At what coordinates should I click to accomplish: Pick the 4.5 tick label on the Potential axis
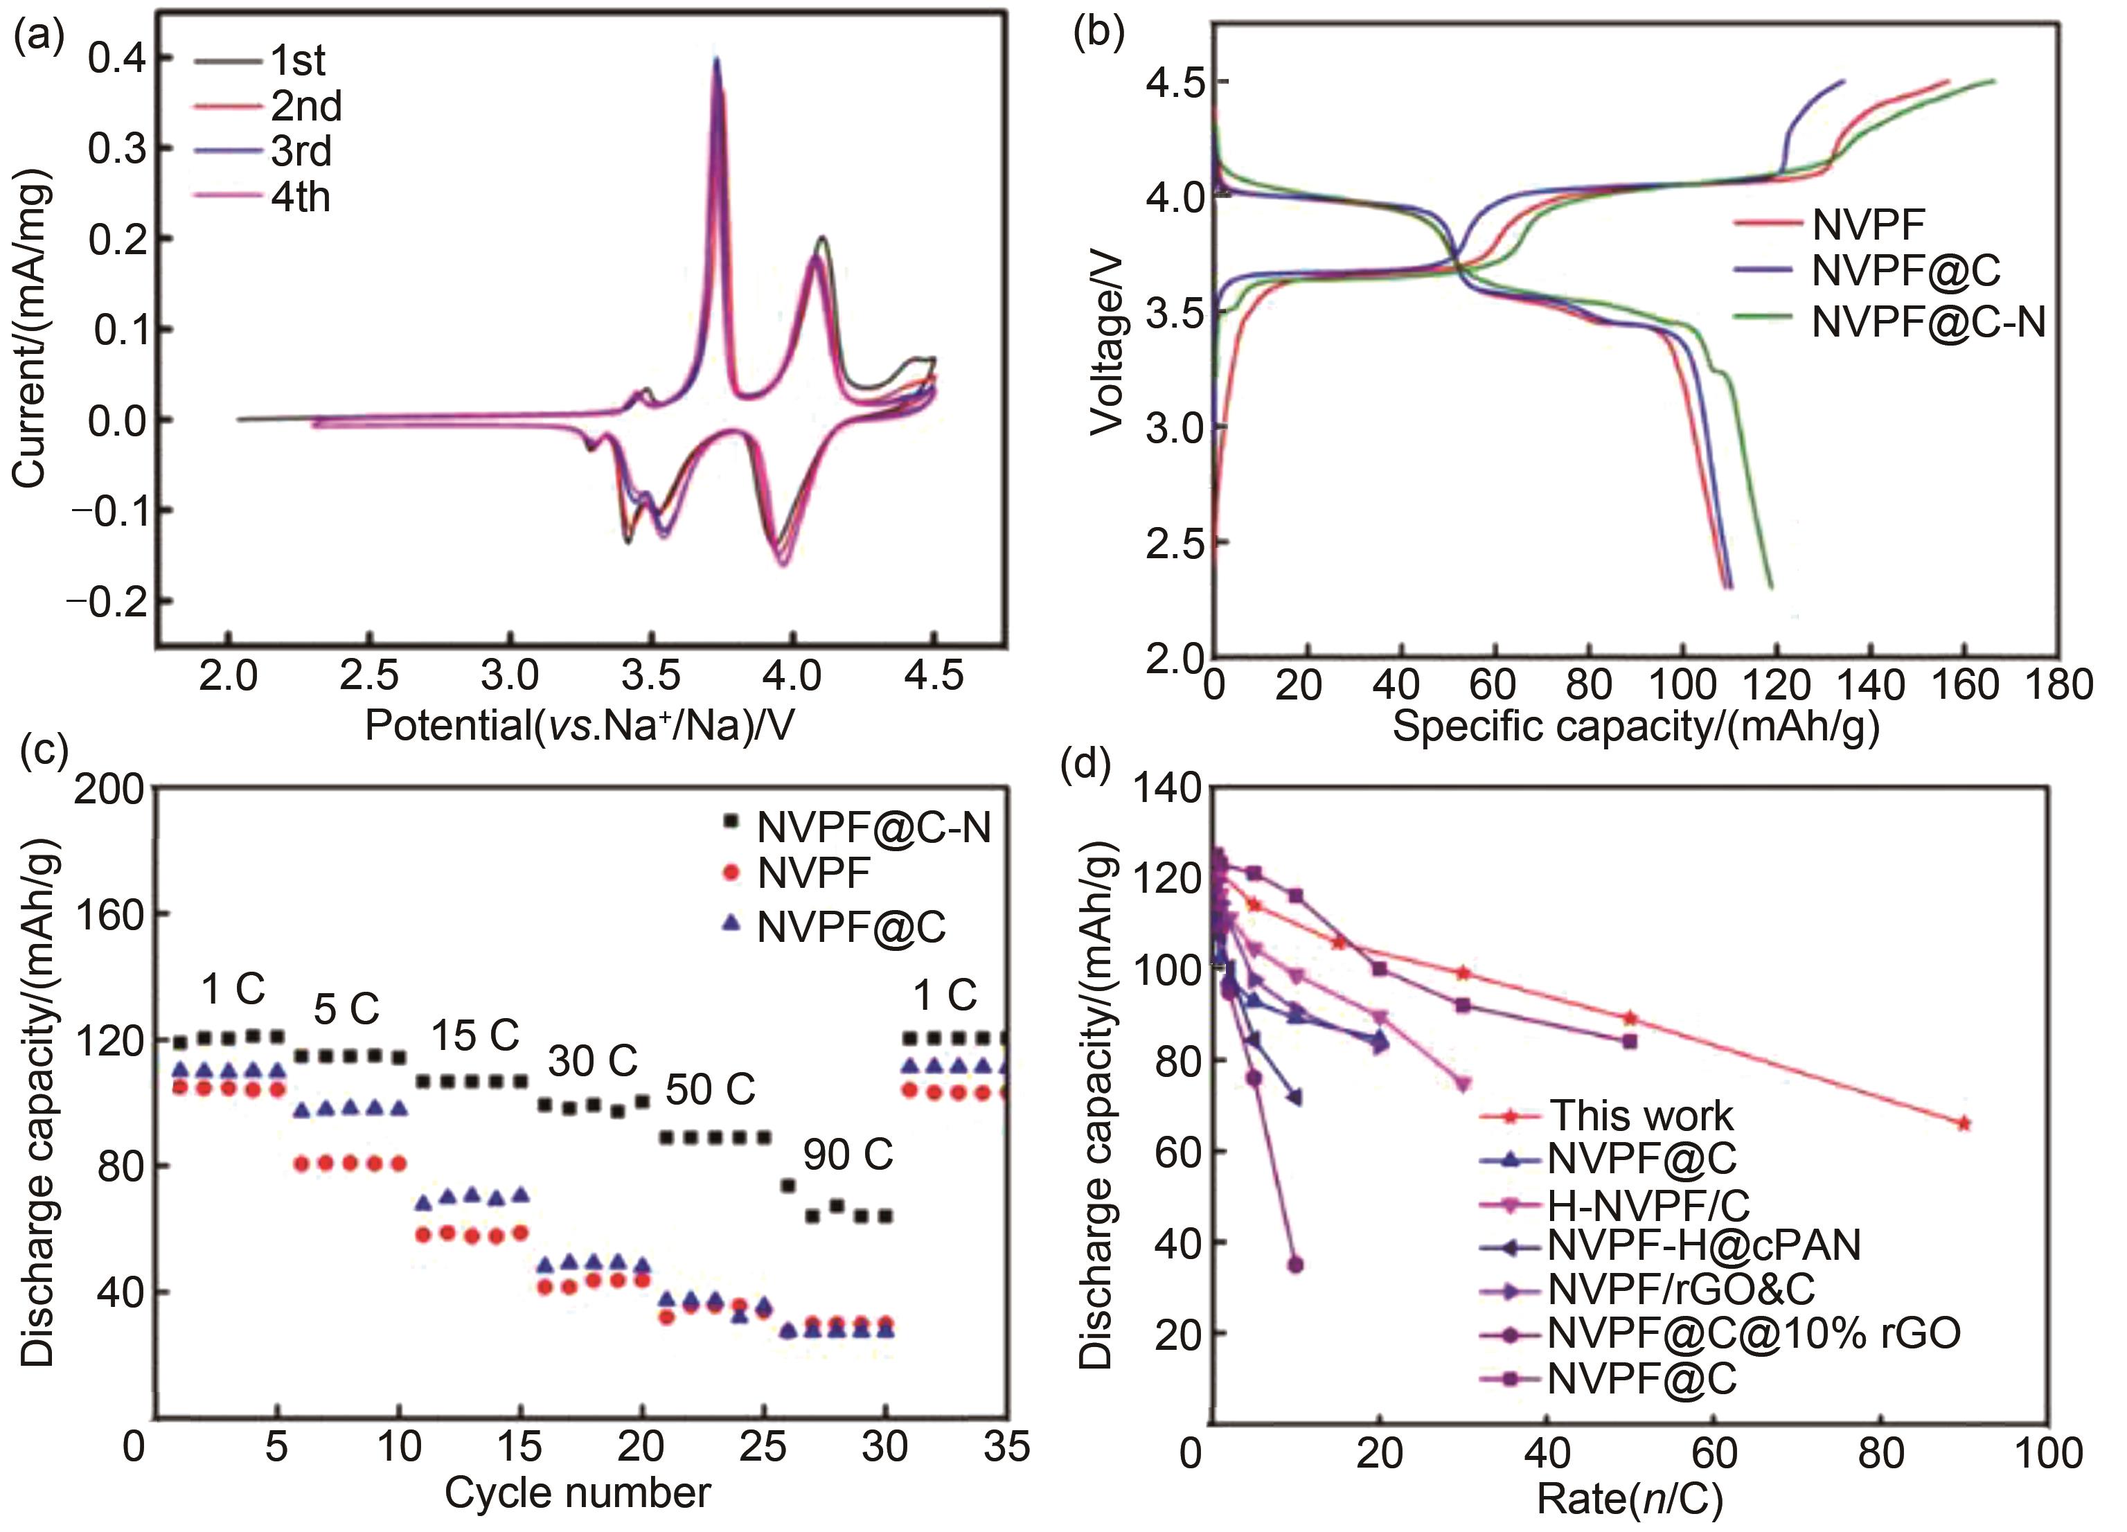[x=932, y=675]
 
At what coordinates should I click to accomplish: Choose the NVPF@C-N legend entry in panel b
[x=1928, y=321]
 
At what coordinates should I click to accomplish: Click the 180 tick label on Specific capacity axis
[x=2058, y=686]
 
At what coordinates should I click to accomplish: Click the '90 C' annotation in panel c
[x=848, y=1155]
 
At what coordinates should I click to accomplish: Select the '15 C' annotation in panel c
[x=474, y=1036]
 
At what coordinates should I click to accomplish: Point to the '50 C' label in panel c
[x=710, y=1089]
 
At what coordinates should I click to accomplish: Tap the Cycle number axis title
[x=577, y=1492]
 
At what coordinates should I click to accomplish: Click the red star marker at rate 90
[x=1964, y=1123]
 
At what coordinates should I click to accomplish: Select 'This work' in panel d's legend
[x=1641, y=1116]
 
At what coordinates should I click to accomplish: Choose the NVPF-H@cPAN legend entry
[x=1703, y=1244]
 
